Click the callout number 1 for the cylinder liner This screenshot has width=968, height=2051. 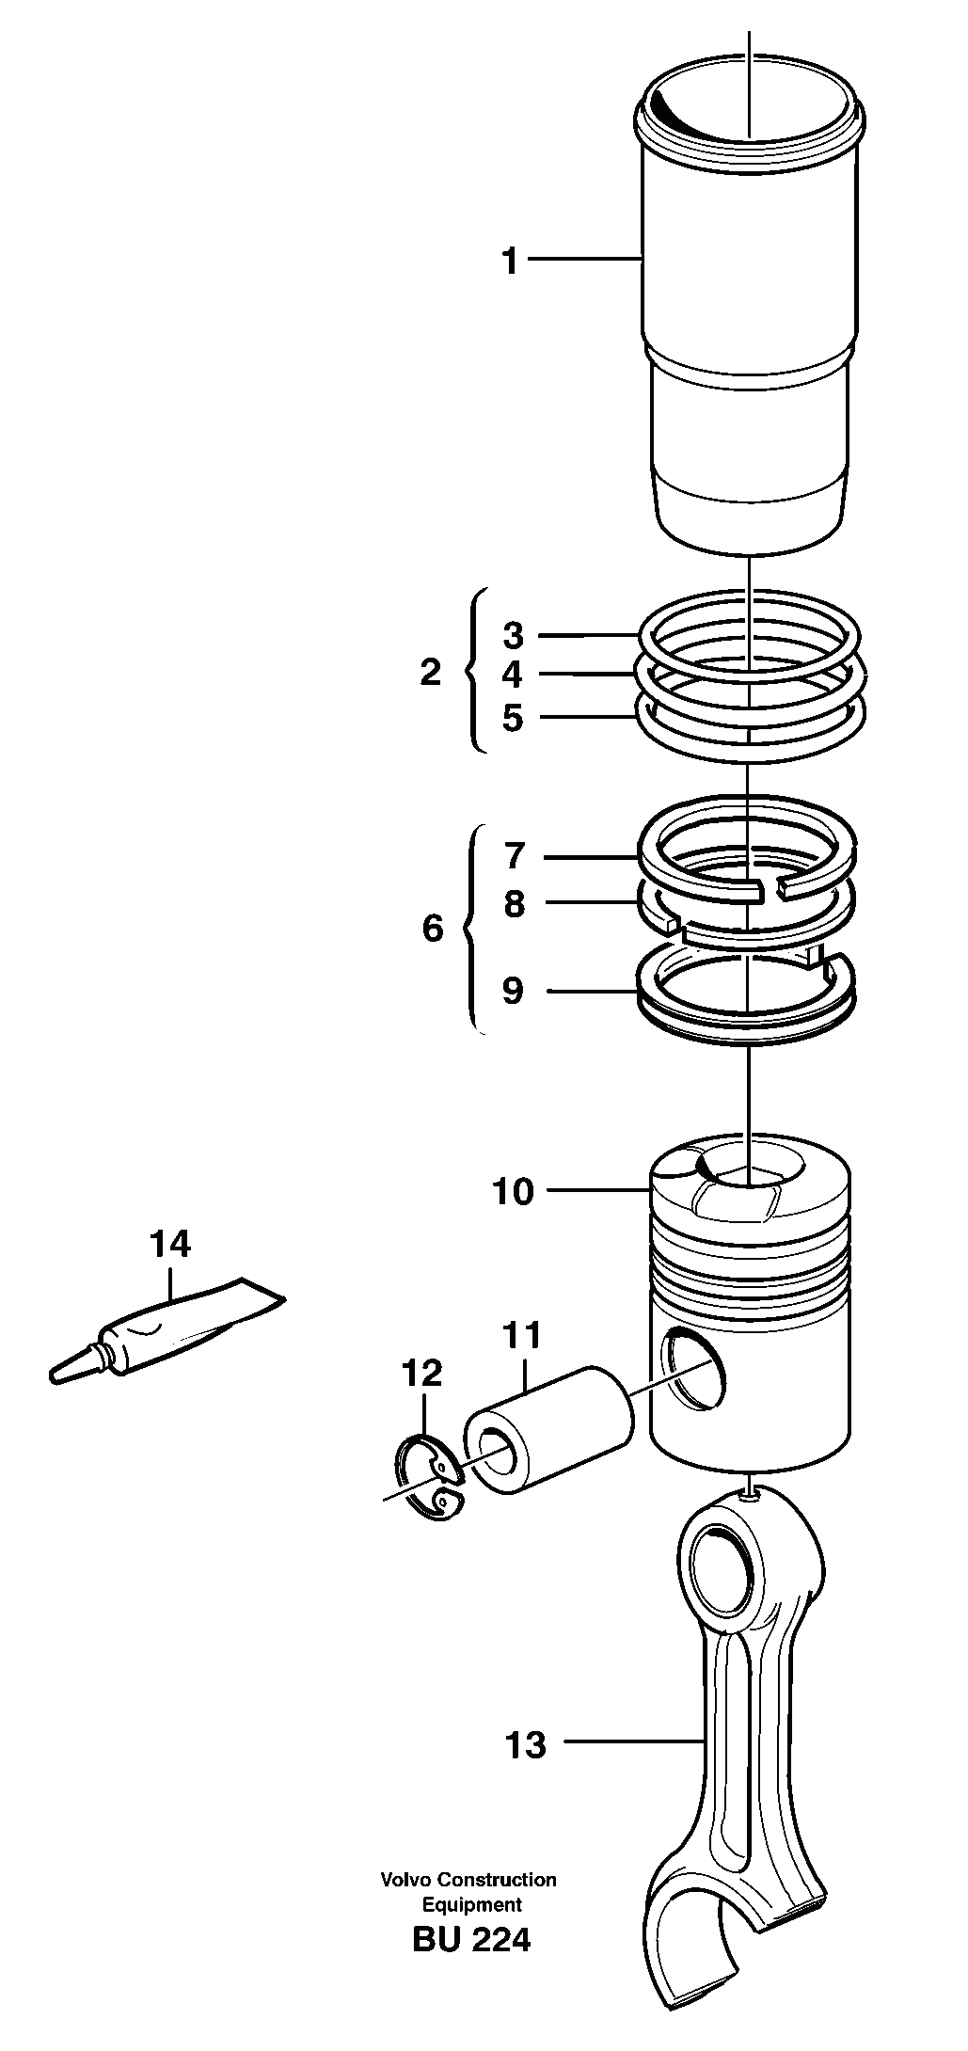click(x=510, y=261)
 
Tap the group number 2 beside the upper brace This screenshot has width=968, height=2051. click(x=430, y=673)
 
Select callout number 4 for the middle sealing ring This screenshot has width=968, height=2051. click(x=512, y=675)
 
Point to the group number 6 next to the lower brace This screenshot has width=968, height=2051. click(x=432, y=929)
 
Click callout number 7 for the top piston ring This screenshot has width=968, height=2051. click(x=514, y=856)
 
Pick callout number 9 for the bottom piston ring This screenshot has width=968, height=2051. click(x=513, y=991)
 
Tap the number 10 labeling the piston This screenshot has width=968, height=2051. click(x=513, y=1191)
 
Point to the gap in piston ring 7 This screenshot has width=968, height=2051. click(x=770, y=886)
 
